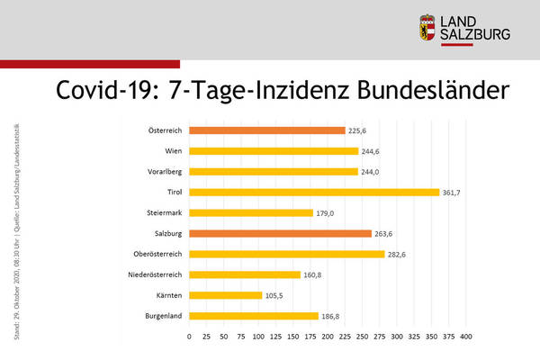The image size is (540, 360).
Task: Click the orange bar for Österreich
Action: (267, 130)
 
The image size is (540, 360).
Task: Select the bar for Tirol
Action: (314, 192)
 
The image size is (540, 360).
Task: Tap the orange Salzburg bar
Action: (280, 233)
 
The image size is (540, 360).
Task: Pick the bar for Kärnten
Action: (225, 295)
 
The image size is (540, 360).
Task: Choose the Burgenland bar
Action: (254, 316)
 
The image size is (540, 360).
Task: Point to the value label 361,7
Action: (455, 192)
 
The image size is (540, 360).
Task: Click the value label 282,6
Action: (400, 254)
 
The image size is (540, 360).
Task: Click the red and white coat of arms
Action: (427, 29)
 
